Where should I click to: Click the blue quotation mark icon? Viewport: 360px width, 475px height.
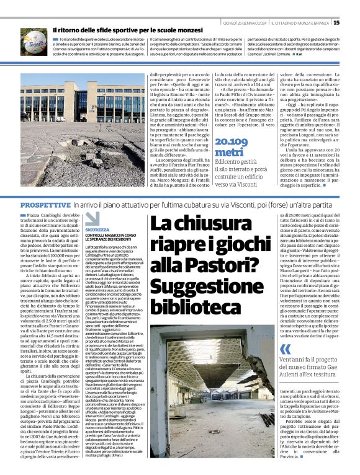tap(285, 348)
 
